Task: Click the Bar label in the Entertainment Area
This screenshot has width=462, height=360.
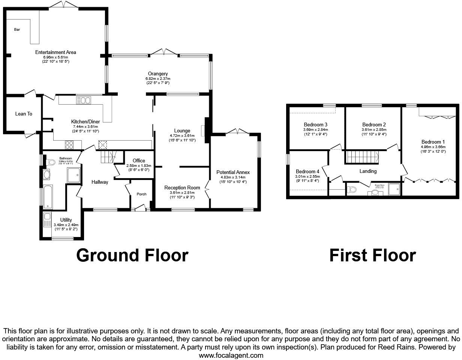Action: (17, 30)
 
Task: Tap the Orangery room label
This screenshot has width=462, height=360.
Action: (157, 74)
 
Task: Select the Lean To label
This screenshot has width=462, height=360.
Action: (24, 114)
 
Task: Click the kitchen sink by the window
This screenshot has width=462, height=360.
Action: (83, 100)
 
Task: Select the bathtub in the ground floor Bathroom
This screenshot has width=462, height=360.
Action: (48, 197)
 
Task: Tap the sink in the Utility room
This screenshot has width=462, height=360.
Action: (47, 217)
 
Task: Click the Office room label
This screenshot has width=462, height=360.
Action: (138, 161)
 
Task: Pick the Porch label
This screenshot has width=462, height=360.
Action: (141, 194)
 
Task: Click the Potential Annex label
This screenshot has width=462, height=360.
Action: (233, 172)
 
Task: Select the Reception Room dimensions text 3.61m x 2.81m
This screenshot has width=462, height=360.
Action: (182, 193)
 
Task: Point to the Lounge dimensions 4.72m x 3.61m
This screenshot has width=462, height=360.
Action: (182, 136)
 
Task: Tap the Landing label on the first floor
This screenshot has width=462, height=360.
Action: (368, 171)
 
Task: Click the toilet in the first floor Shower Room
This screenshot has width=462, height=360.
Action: (352, 190)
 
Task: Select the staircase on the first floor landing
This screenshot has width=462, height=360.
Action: (362, 157)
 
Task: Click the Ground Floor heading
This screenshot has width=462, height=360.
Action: (132, 255)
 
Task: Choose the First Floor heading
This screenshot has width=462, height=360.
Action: (372, 255)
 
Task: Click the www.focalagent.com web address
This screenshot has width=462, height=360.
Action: (231, 355)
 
